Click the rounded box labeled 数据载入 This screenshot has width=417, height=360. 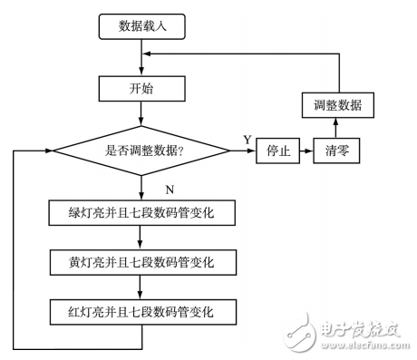(142, 27)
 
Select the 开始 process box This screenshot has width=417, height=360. (142, 88)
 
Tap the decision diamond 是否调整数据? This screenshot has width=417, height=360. (142, 150)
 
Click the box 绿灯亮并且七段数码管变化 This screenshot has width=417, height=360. (142, 214)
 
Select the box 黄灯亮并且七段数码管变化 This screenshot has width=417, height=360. (142, 263)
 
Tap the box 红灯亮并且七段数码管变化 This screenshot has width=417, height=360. (142, 313)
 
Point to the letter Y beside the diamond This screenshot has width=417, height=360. (247, 140)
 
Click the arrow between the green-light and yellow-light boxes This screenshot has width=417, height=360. (142, 238)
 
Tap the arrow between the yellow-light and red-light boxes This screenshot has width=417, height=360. (142, 288)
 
